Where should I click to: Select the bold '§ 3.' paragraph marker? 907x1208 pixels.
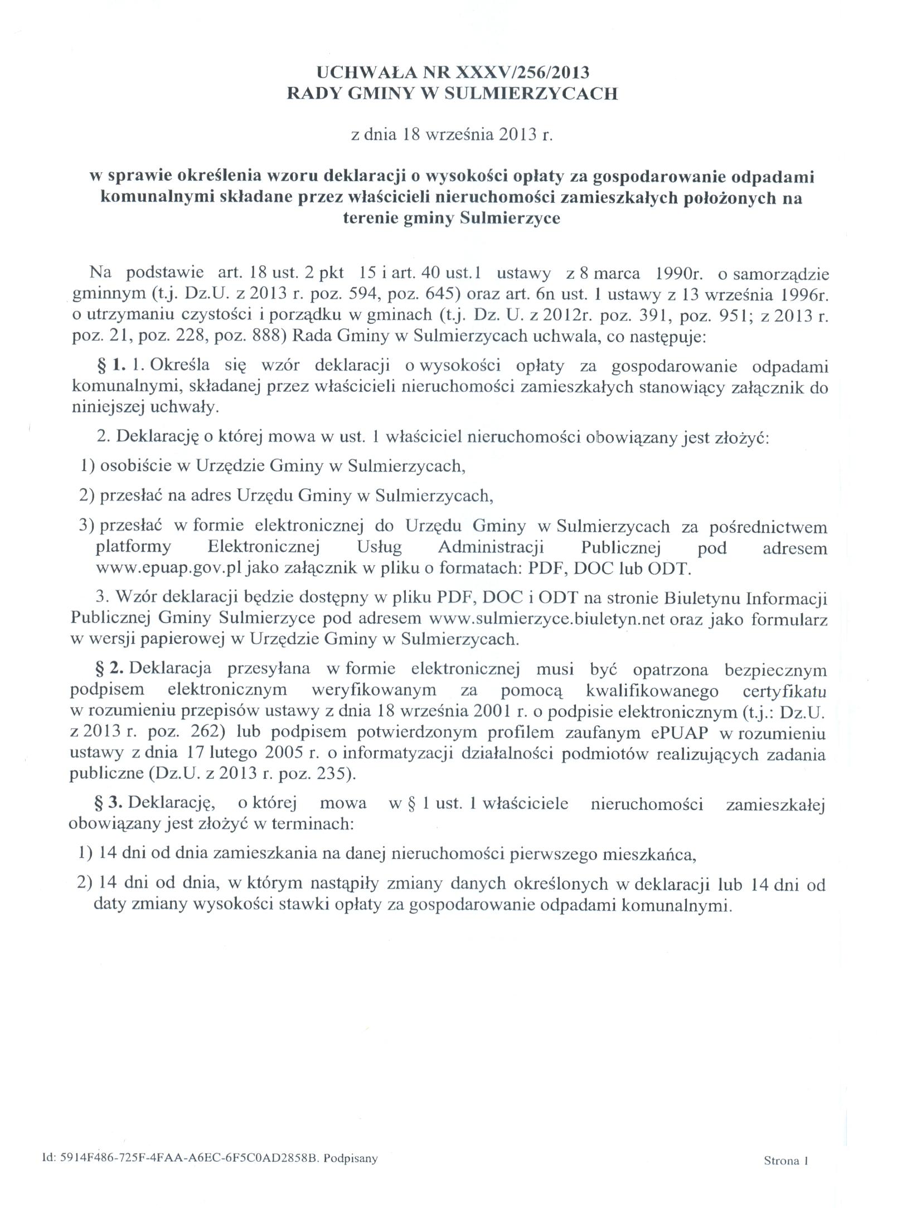[110, 803]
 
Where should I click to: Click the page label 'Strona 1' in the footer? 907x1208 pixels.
[785, 1161]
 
